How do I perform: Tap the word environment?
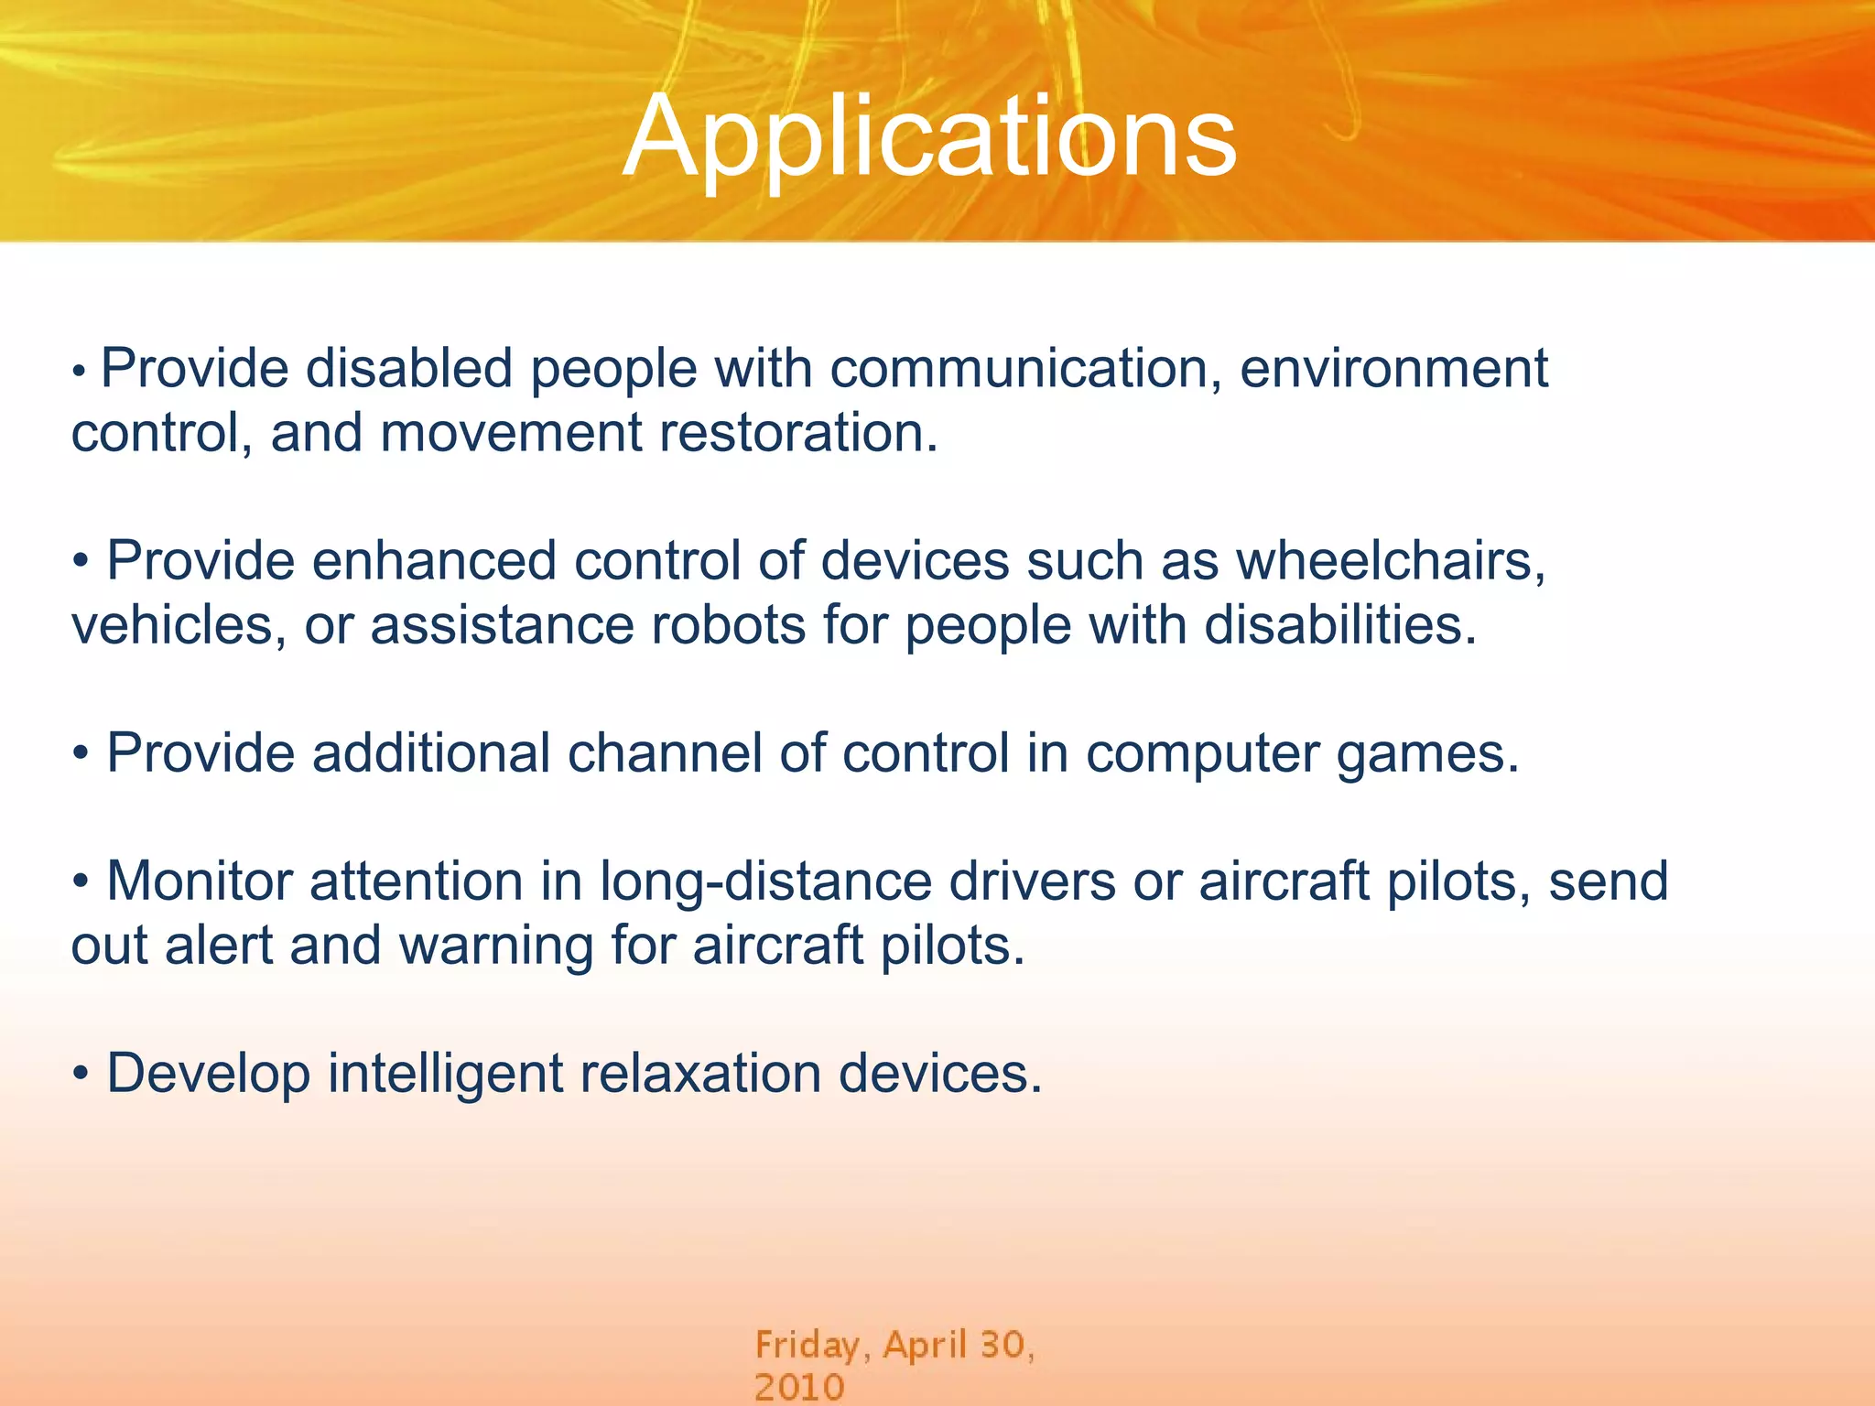point(1393,369)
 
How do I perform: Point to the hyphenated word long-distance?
point(765,881)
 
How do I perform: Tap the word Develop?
point(208,1074)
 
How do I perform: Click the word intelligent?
point(445,1074)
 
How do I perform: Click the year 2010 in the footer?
point(798,1387)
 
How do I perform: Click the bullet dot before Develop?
point(81,1075)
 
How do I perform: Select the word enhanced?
point(433,561)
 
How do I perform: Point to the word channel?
point(664,753)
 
